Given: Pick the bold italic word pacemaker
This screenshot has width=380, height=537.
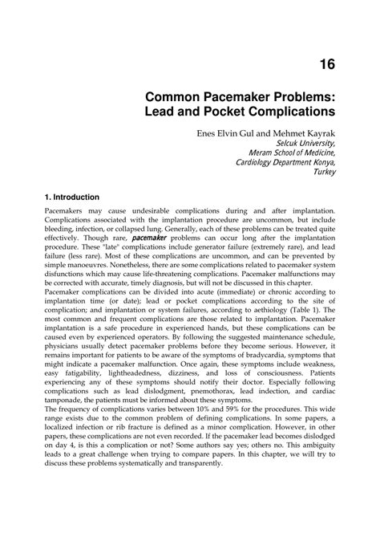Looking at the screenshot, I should [x=148, y=238].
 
